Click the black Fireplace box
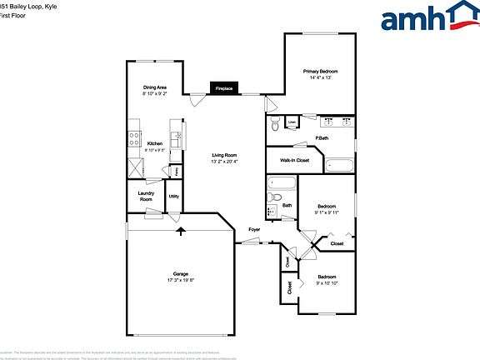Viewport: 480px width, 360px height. pyautogui.click(x=223, y=87)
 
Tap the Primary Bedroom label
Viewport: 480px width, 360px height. pyautogui.click(x=320, y=72)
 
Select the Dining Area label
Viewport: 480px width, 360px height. pyautogui.click(x=155, y=87)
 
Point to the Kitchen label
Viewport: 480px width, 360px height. pyautogui.click(x=155, y=143)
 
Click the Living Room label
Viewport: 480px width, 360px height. pyautogui.click(x=223, y=155)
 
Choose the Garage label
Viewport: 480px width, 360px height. pyautogui.click(x=180, y=274)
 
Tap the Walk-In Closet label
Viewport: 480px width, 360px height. pyautogui.click(x=294, y=160)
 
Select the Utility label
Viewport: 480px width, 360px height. pyautogui.click(x=174, y=197)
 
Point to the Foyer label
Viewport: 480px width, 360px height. pyautogui.click(x=254, y=229)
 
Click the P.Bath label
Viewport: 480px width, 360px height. pyautogui.click(x=321, y=137)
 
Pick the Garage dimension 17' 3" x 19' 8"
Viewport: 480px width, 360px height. pyautogui.click(x=180, y=281)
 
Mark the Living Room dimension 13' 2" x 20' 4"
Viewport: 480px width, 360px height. pyautogui.click(x=223, y=162)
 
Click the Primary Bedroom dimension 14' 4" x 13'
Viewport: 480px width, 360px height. pyautogui.click(x=320, y=78)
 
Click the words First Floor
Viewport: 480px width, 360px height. pyautogui.click(x=14, y=15)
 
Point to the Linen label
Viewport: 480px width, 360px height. pyautogui.click(x=292, y=123)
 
